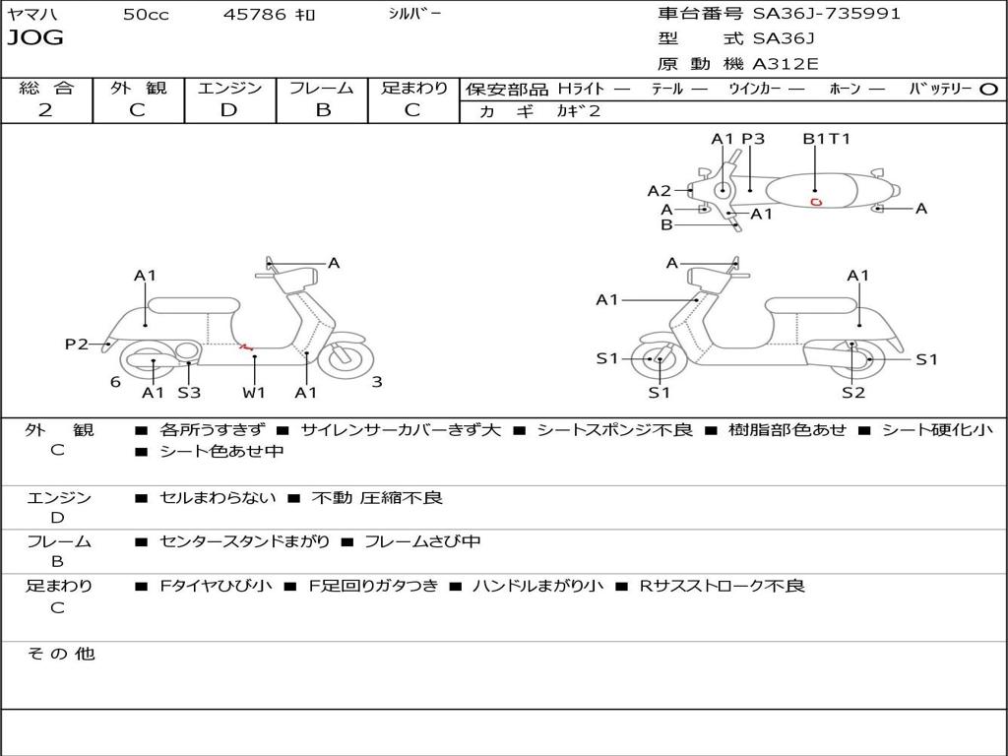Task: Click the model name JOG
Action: (x=34, y=38)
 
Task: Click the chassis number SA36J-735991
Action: (x=827, y=14)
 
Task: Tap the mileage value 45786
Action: (x=255, y=15)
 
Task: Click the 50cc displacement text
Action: (x=145, y=15)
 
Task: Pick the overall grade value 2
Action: (x=45, y=110)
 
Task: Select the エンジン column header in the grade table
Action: (x=229, y=88)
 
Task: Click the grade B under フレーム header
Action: (x=322, y=110)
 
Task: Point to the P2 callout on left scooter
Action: (x=76, y=344)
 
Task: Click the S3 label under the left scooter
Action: (x=189, y=393)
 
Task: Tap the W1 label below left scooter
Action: (x=254, y=393)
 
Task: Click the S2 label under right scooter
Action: (x=852, y=393)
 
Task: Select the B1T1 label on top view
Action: (x=826, y=139)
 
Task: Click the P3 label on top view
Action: (x=753, y=139)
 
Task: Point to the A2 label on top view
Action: (x=659, y=191)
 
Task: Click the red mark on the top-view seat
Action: (x=816, y=202)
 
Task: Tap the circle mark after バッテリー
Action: (x=989, y=89)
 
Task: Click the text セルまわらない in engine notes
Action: (x=218, y=498)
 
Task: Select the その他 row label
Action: (x=60, y=654)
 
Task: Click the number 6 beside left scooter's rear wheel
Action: (x=115, y=382)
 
